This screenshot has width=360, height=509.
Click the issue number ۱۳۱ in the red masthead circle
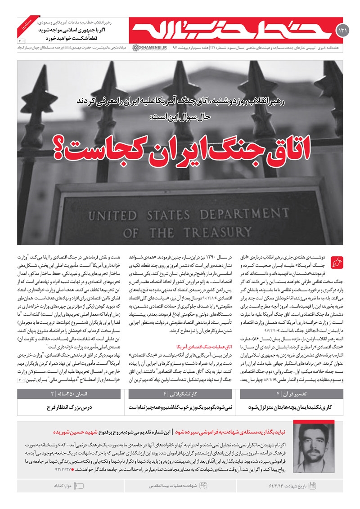click(341, 30)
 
